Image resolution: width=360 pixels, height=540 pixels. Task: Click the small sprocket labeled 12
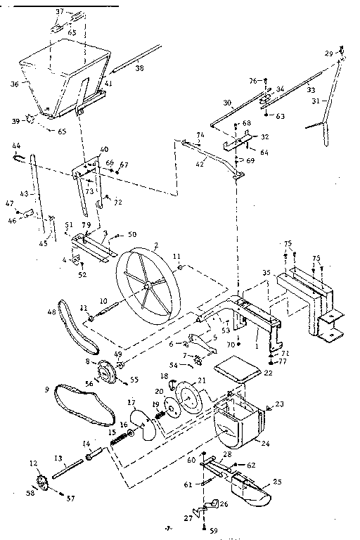42,484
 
